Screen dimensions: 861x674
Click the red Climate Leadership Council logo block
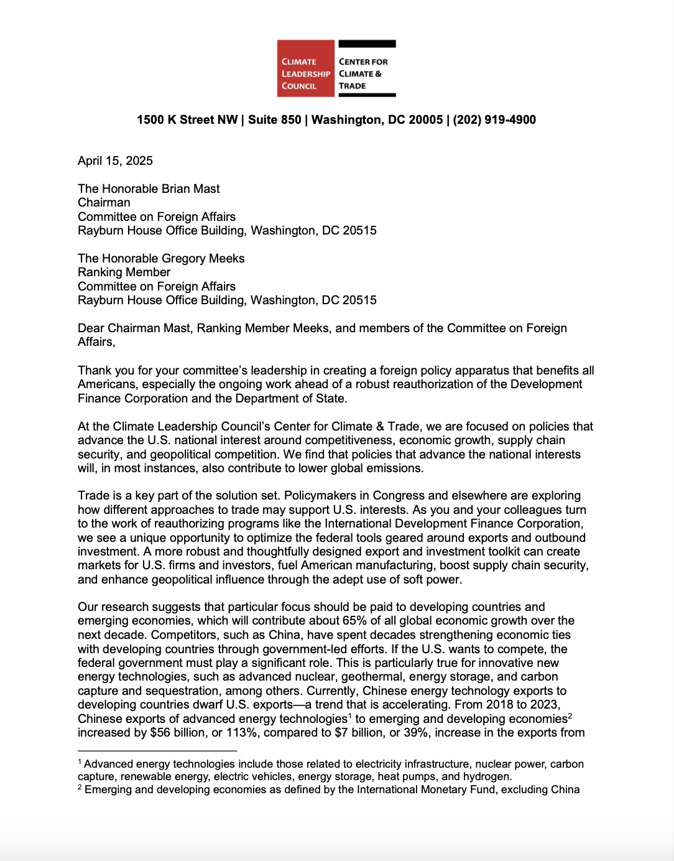click(305, 68)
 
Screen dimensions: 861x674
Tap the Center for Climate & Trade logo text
click(363, 73)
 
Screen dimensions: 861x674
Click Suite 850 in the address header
click(274, 119)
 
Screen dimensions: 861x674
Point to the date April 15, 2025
click(115, 161)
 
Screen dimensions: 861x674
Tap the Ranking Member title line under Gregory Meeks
click(124, 272)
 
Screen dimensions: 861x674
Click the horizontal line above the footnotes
click(157, 751)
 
